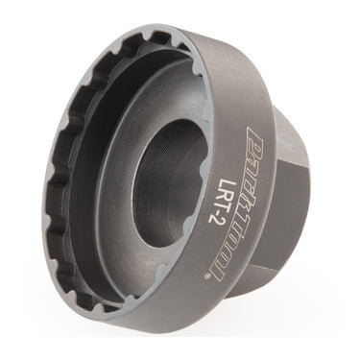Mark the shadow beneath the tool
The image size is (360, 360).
[192, 322]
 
